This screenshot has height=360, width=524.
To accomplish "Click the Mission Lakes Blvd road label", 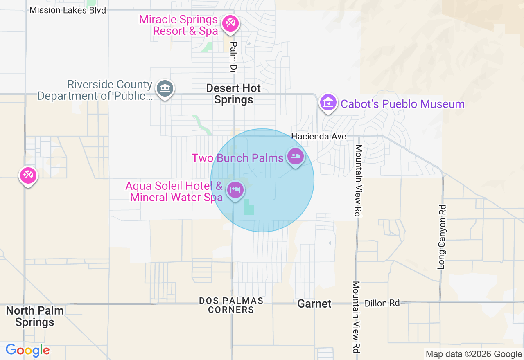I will [68, 10].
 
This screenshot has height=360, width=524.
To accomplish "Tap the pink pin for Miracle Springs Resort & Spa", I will [230, 23].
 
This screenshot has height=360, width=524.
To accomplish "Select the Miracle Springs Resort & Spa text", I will [178, 25].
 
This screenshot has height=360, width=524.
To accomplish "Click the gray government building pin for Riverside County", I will [165, 88].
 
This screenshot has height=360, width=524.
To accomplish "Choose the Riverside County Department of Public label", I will [95, 90].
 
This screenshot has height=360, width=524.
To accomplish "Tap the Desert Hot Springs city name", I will [233, 94].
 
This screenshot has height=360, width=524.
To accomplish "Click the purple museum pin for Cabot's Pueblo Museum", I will [328, 103].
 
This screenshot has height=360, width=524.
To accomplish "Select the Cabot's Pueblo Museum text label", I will [402, 104].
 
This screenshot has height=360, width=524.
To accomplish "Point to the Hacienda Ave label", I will [319, 137].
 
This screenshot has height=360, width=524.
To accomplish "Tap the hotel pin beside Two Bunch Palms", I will [296, 157].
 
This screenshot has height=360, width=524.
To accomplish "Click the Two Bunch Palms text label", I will [238, 158].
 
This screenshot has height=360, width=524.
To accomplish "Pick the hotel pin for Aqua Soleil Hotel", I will [235, 190].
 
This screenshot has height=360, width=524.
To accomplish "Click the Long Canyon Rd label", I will [441, 237].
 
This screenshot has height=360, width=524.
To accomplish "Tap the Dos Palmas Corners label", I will [231, 305].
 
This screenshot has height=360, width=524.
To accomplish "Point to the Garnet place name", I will [314, 304].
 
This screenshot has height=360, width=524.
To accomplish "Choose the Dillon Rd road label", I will [382, 303].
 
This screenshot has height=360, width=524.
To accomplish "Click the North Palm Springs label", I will [35, 316].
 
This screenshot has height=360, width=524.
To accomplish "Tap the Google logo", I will [27, 350].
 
